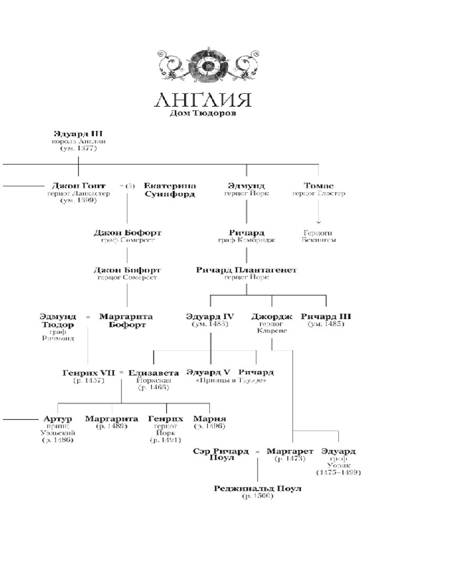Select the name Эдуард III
point(78,134)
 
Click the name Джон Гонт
point(78,186)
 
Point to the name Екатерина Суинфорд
point(170,190)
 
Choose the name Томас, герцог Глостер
point(318,186)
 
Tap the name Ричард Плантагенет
point(246,270)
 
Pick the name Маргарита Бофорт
point(125,320)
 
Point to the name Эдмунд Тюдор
point(58,320)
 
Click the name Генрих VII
point(90,373)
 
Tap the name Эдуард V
point(209,373)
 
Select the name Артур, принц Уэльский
point(58,419)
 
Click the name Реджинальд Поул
point(258,488)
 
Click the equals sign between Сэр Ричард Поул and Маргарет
point(257,452)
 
